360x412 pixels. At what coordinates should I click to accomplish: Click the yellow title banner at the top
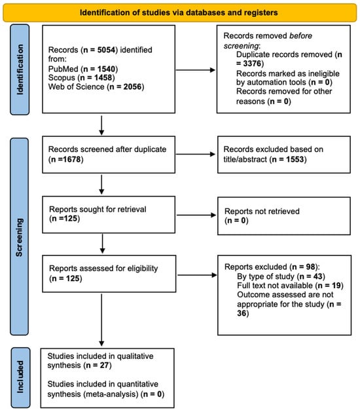point(180,12)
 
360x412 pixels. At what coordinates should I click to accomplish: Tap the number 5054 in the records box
point(106,50)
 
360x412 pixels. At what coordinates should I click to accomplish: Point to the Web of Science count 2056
point(132,86)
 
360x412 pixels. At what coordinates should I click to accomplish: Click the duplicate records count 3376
point(252,64)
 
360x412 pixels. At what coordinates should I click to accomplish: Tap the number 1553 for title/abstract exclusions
point(295,159)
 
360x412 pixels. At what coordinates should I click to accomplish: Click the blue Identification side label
point(20,69)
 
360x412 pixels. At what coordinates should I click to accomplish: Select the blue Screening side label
point(20,236)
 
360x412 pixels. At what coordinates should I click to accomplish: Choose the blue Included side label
point(20,377)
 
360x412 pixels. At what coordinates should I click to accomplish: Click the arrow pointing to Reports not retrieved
point(196,215)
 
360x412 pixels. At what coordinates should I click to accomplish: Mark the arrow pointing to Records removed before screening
point(195,70)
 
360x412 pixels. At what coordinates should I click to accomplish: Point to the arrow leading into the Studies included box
point(101,320)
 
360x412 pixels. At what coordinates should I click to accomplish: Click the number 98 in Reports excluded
point(310,267)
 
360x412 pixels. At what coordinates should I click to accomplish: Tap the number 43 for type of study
point(318,276)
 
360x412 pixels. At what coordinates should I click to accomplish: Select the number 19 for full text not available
point(336,286)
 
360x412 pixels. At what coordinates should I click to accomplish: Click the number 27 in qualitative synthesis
point(105,365)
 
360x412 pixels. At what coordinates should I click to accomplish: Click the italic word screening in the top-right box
point(241,46)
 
